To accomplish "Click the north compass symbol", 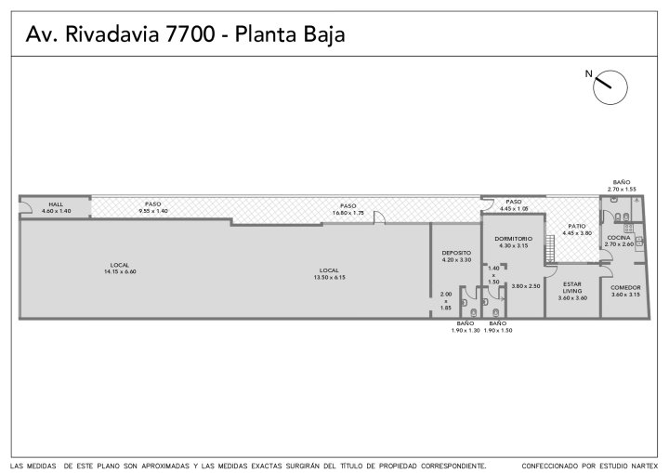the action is pyautogui.click(x=610, y=87).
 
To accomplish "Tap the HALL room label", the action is pyautogui.click(x=56, y=204).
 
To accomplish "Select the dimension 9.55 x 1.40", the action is pyautogui.click(x=153, y=211).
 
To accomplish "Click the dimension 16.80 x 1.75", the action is pyautogui.click(x=348, y=213).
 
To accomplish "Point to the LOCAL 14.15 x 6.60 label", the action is pyautogui.click(x=120, y=269).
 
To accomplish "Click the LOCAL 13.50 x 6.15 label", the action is pyautogui.click(x=329, y=273).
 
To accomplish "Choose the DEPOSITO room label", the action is pyautogui.click(x=456, y=253).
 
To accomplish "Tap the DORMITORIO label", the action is pyautogui.click(x=513, y=239).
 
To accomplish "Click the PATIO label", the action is pyautogui.click(x=577, y=226).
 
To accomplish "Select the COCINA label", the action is pyautogui.click(x=619, y=237).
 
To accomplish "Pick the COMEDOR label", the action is pyautogui.click(x=625, y=288).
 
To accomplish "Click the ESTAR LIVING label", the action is pyautogui.click(x=572, y=287).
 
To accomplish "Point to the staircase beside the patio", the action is pyautogui.click(x=549, y=248).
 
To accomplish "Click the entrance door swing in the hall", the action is pyautogui.click(x=26, y=207).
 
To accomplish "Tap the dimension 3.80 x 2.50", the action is pyautogui.click(x=526, y=286).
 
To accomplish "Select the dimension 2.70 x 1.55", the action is pyautogui.click(x=622, y=190).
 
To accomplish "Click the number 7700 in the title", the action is pyautogui.click(x=190, y=34).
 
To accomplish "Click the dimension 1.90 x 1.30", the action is pyautogui.click(x=466, y=330).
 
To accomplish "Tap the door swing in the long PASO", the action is pyautogui.click(x=379, y=217).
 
